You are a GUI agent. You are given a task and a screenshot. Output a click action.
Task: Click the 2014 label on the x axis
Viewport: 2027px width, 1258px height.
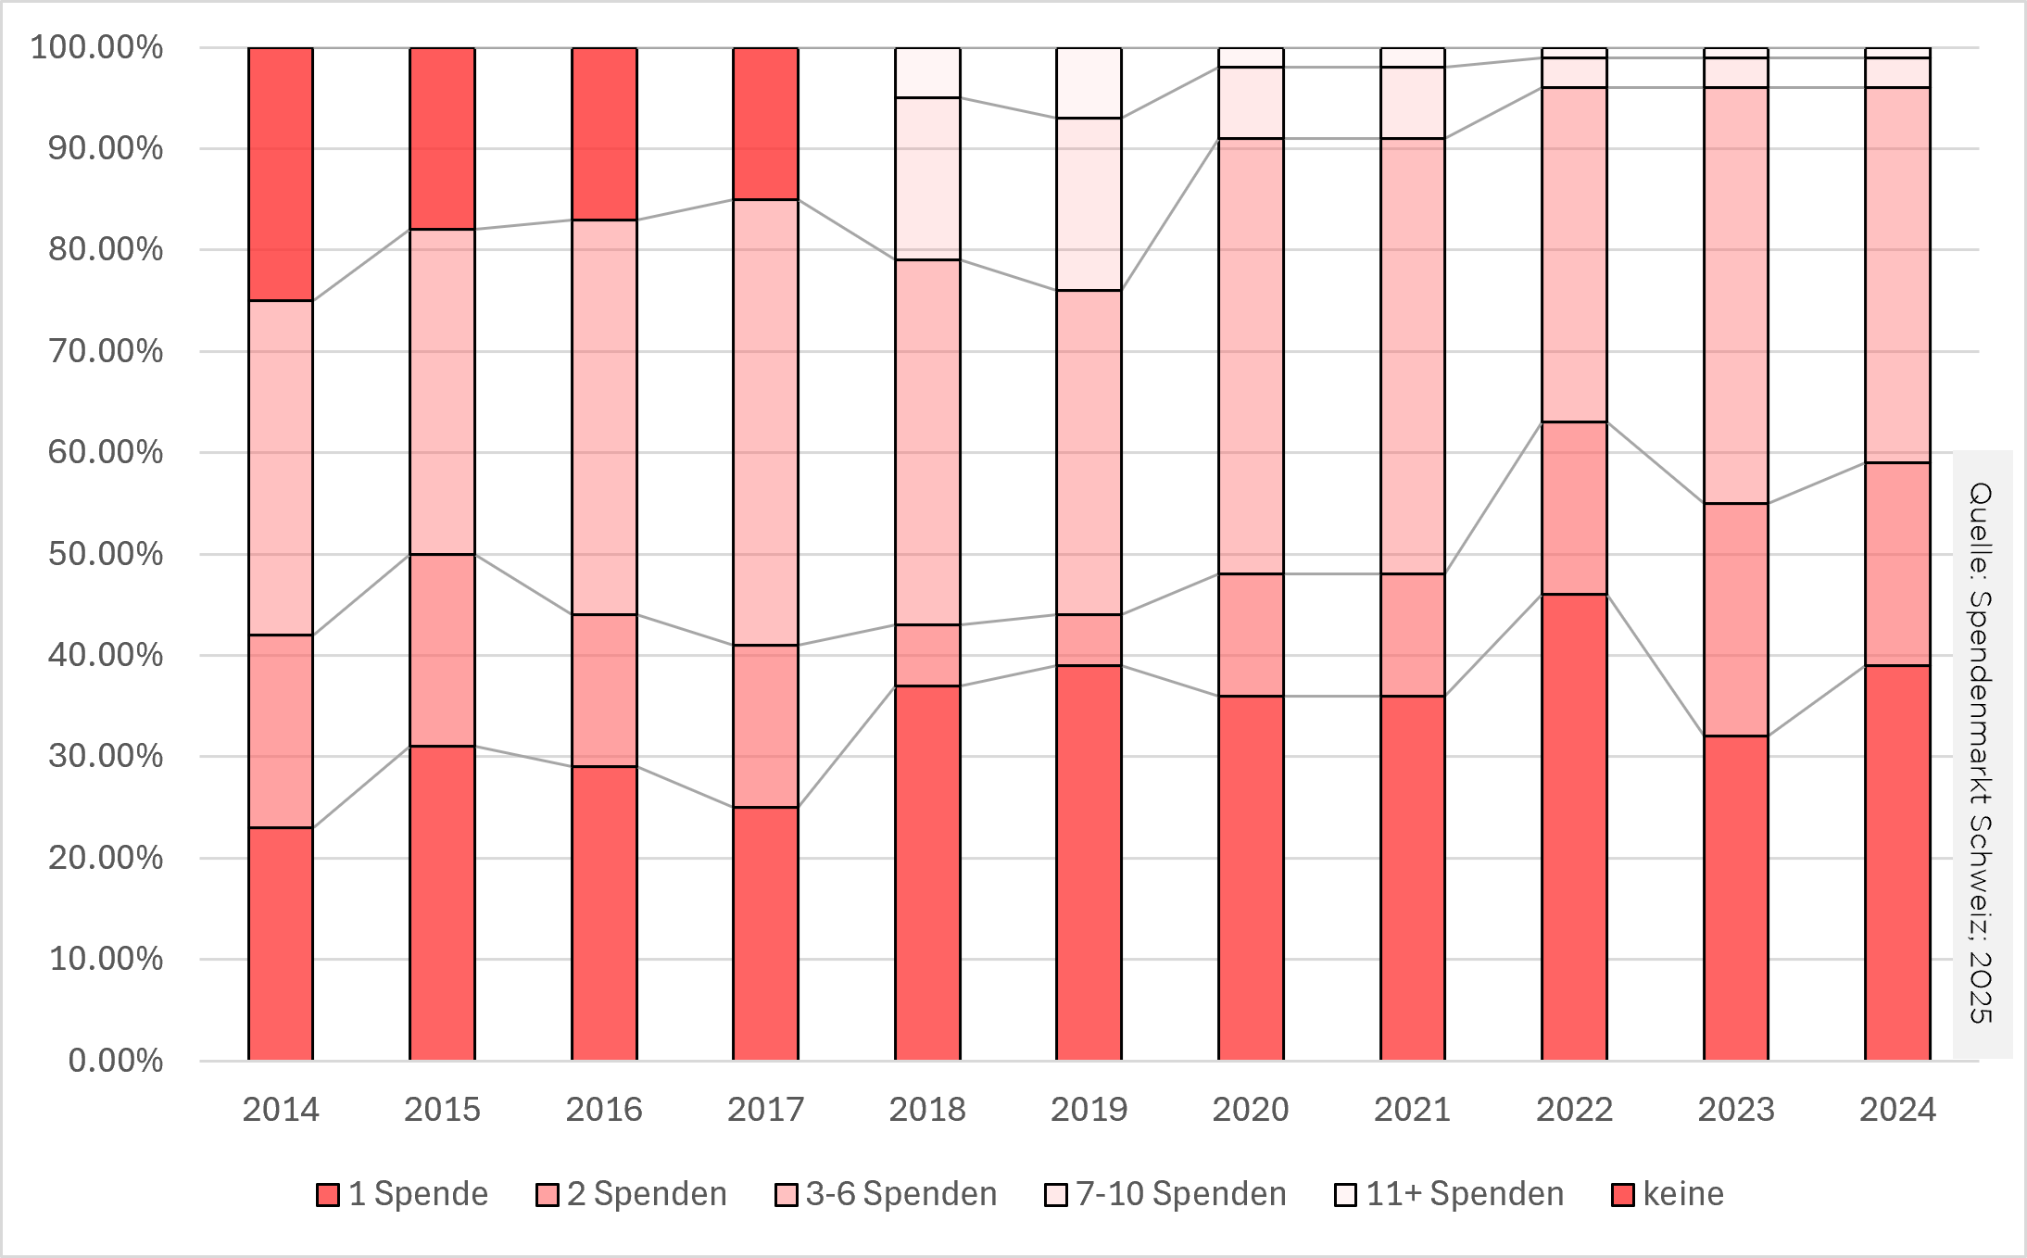pyautogui.click(x=280, y=1109)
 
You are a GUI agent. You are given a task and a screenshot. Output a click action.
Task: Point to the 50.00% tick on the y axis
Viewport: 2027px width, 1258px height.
pyautogui.click(x=106, y=554)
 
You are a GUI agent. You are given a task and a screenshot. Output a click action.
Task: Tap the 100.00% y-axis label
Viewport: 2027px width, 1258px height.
pyautogui.click(x=96, y=47)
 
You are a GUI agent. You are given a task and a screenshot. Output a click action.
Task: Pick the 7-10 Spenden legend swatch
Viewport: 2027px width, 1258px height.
pyautogui.click(x=1055, y=1195)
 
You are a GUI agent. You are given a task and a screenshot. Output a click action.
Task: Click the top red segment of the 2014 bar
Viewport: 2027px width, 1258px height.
pyautogui.click(x=281, y=174)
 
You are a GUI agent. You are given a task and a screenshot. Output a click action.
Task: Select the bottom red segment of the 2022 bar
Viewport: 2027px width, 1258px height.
pyautogui.click(x=1574, y=826)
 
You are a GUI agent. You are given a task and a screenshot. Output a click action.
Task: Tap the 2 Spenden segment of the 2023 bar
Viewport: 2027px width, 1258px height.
pyautogui.click(x=1735, y=620)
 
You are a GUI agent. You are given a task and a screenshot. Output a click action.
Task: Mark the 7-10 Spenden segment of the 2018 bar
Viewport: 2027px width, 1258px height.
pyautogui.click(x=927, y=179)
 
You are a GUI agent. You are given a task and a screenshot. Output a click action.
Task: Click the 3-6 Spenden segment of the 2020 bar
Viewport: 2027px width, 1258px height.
pyautogui.click(x=1251, y=356)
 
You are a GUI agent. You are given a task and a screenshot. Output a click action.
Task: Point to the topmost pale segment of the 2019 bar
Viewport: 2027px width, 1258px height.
pyautogui.click(x=1089, y=82)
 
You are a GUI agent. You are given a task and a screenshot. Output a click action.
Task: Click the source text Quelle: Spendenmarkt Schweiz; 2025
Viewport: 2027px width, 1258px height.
pyautogui.click(x=1981, y=752)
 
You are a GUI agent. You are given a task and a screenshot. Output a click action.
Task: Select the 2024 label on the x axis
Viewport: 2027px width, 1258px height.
pyautogui.click(x=1897, y=1109)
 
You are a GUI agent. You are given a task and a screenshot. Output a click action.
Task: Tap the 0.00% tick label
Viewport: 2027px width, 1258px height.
pyautogui.click(x=115, y=1061)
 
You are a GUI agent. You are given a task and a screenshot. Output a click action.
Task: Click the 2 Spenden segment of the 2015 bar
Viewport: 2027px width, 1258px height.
pyautogui.click(x=442, y=650)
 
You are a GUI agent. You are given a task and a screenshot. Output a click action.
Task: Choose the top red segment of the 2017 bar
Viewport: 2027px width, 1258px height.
pyautogui.click(x=765, y=123)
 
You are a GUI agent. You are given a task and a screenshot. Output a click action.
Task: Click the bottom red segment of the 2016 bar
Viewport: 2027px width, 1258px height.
pyautogui.click(x=604, y=912)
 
